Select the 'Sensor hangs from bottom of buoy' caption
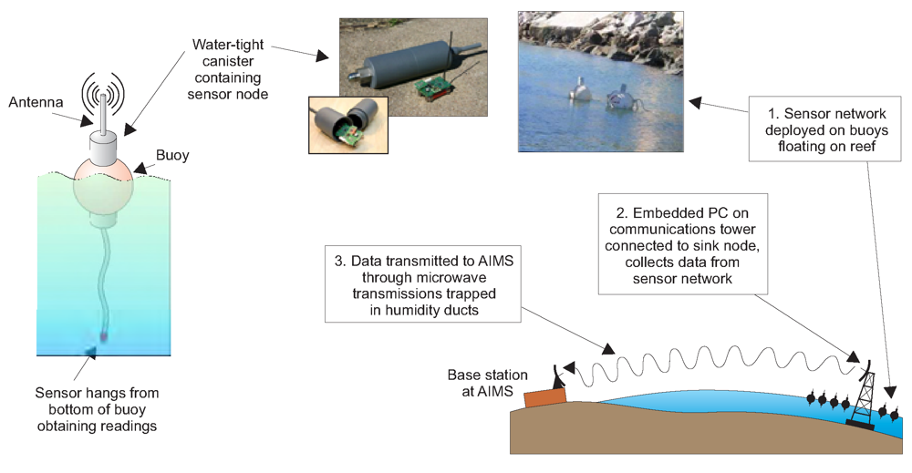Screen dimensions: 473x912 pyautogui.click(x=97, y=408)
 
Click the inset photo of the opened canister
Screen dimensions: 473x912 pyautogui.click(x=347, y=128)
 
